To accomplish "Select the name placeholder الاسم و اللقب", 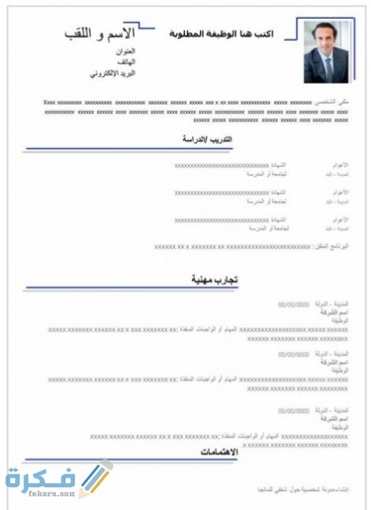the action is pyautogui.click(x=101, y=34).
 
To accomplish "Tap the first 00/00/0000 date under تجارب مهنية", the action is pyautogui.click(x=292, y=302).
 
